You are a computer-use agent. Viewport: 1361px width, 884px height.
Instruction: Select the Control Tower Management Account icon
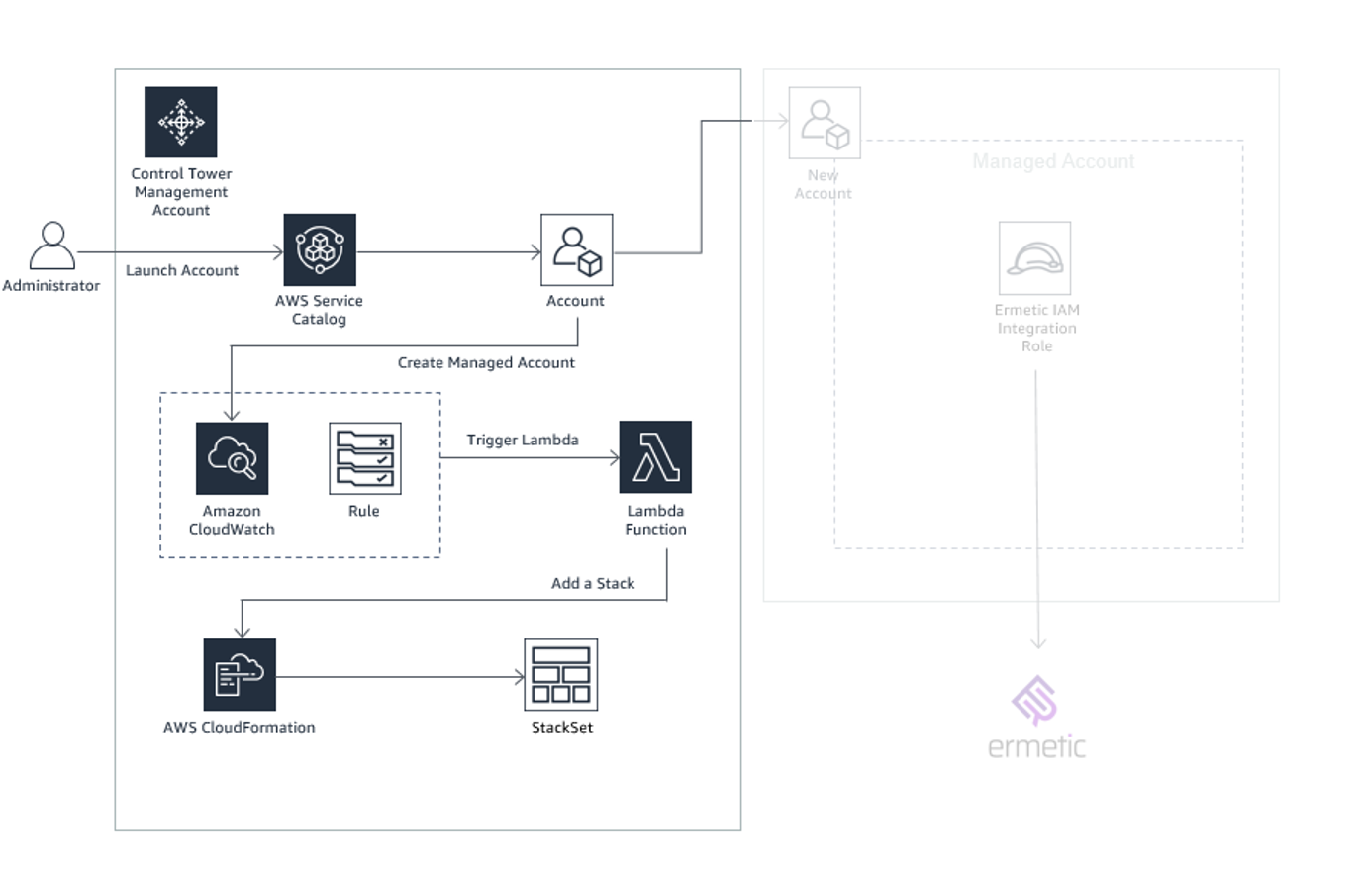[180, 122]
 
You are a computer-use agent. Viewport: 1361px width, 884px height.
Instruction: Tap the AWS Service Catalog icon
[319, 250]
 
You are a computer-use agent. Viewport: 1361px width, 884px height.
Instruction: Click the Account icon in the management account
[576, 250]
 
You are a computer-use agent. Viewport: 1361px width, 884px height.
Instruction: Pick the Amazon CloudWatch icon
[232, 458]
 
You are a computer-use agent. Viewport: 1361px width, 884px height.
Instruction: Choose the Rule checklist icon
[364, 458]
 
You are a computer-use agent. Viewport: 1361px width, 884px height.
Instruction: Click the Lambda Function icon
[654, 457]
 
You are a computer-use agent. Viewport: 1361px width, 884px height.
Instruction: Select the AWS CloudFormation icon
[240, 675]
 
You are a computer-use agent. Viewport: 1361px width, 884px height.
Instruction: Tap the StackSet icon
[560, 675]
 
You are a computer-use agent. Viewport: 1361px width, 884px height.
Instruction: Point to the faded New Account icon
[824, 123]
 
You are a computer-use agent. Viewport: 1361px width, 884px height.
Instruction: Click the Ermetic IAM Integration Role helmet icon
[1034, 258]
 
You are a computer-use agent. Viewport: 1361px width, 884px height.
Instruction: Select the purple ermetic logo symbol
[1034, 701]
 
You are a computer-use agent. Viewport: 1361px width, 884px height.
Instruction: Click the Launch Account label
[182, 270]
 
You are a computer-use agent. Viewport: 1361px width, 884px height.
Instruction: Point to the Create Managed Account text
[486, 363]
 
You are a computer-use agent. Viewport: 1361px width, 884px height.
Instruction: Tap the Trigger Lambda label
[523, 440]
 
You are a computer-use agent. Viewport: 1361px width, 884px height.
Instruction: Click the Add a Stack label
[593, 583]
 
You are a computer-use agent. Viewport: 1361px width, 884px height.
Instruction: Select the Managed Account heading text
[1053, 161]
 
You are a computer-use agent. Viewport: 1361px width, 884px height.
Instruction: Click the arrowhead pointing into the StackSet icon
[519, 678]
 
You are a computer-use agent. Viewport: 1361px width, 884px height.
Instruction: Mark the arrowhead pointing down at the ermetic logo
[1037, 643]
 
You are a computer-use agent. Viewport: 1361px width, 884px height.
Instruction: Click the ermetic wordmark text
[1036, 746]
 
